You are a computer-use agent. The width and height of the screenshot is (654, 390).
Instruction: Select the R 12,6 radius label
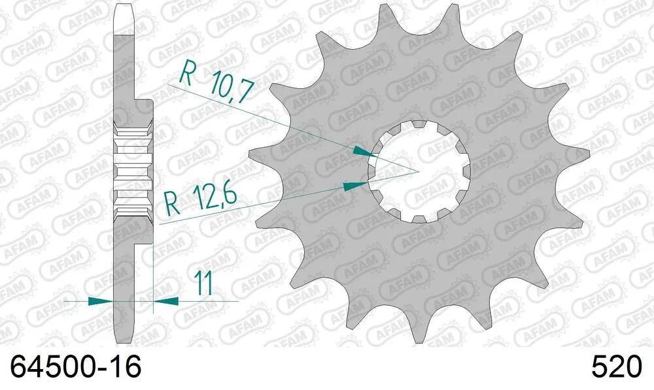pos(200,198)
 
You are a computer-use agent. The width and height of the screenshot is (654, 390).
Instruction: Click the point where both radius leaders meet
pos(418,171)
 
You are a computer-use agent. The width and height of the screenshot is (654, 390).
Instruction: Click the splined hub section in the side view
pos(133,171)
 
